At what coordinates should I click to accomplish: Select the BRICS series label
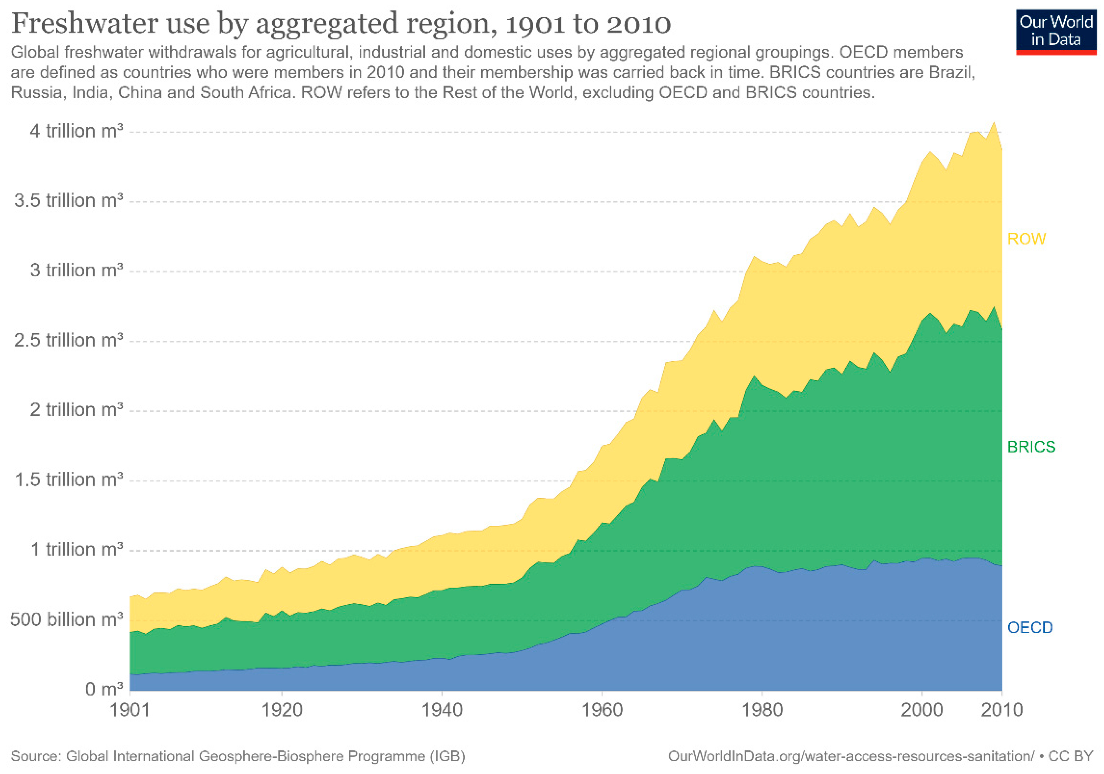1031,447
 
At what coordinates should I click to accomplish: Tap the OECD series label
1030,627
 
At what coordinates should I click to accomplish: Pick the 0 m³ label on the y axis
104,689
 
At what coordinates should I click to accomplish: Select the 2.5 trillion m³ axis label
68,340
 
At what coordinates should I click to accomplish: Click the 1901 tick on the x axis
130,710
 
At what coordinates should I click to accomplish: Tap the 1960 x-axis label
602,710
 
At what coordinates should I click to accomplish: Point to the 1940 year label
442,710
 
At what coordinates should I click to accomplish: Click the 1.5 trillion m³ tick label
68,480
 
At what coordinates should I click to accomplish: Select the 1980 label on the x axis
762,710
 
